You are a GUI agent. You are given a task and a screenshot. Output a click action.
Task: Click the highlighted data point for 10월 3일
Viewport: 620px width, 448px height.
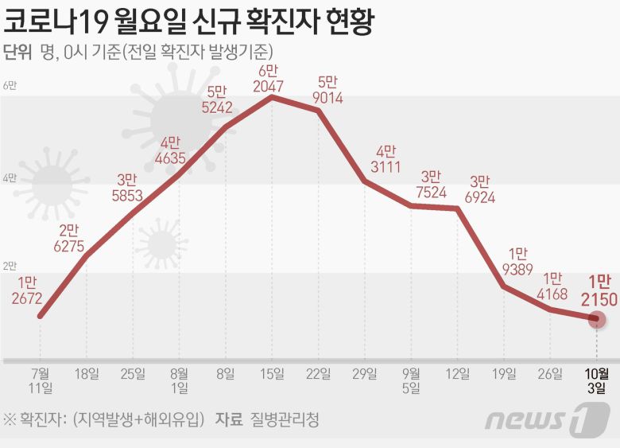click(x=597, y=319)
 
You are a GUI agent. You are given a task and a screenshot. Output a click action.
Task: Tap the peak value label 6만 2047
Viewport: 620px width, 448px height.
click(x=273, y=80)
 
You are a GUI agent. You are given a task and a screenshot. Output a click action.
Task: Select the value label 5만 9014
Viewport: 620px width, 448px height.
click(x=327, y=89)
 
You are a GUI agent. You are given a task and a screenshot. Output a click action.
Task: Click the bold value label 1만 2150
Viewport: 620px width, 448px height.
click(x=599, y=291)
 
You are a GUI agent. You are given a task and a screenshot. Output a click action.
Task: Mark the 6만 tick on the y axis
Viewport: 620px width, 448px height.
click(x=10, y=86)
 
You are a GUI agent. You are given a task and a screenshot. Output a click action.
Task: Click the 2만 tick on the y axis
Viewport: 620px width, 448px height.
click(x=10, y=265)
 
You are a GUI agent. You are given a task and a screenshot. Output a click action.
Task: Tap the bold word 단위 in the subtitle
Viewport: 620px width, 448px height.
click(x=18, y=53)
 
